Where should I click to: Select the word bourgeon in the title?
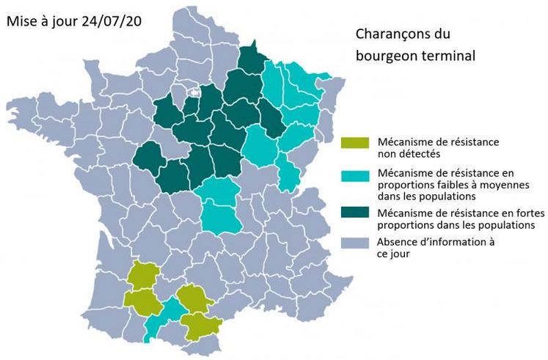coord(384,55)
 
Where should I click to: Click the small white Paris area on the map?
coord(195,93)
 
